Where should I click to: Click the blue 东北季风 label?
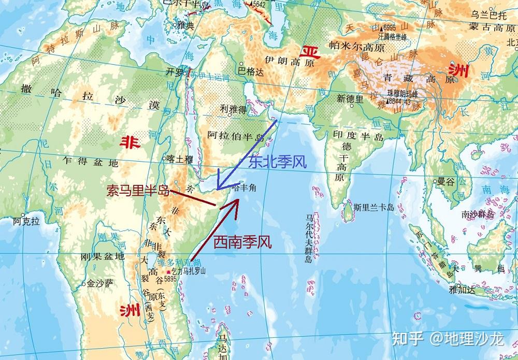[x=277, y=162]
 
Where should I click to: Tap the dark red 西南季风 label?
[x=242, y=241]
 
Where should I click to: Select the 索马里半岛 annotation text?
[x=138, y=191]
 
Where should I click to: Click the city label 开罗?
[x=174, y=73]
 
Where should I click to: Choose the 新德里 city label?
[x=350, y=98]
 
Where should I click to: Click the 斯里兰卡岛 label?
[x=374, y=207]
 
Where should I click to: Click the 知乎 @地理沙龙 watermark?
[x=448, y=339]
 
